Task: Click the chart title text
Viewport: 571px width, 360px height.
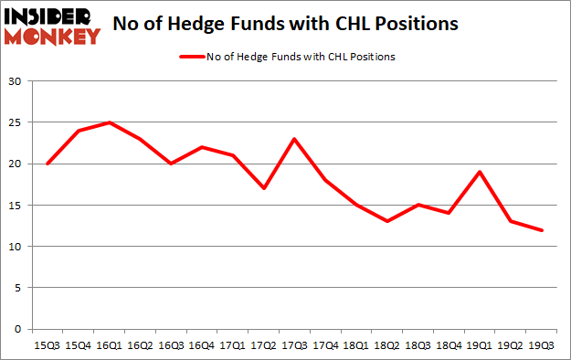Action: point(286,26)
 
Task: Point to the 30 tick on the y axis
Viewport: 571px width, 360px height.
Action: point(15,81)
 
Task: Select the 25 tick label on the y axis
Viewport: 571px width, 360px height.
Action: point(15,122)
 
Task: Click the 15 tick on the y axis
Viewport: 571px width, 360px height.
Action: point(15,205)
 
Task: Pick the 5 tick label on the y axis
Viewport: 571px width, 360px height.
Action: point(17,288)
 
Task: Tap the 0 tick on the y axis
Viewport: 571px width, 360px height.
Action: point(17,329)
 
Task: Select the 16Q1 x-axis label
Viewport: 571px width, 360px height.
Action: point(110,345)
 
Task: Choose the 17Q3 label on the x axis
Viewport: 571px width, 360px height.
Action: point(293,345)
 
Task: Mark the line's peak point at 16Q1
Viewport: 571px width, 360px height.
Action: point(110,122)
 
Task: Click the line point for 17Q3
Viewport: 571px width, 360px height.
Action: point(293,139)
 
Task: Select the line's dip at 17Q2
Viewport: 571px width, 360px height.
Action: point(262,188)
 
